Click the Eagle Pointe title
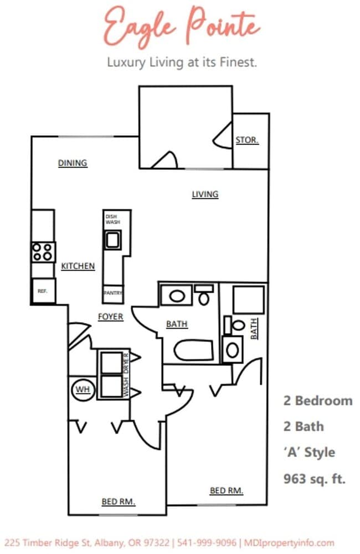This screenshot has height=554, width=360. click(x=182, y=26)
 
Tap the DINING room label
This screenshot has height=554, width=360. click(x=73, y=163)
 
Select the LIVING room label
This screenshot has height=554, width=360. click(x=205, y=194)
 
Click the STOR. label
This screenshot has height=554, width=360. click(x=247, y=140)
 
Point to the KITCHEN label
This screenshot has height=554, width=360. click(x=78, y=266)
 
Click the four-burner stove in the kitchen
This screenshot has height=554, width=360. click(x=43, y=252)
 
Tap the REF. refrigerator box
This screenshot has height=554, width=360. click(x=43, y=291)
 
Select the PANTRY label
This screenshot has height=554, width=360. click(x=114, y=293)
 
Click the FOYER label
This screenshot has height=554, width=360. click(x=110, y=317)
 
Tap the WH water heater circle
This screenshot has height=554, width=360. click(x=83, y=390)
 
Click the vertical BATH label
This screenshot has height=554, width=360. click(x=254, y=328)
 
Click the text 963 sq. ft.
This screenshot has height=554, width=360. click(x=314, y=478)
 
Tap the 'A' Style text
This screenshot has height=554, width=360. click(x=309, y=452)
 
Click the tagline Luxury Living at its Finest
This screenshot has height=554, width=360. click(x=182, y=63)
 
